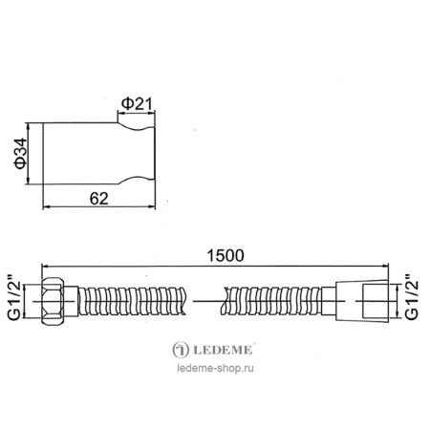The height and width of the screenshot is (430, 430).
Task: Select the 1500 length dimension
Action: (x=225, y=255)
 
